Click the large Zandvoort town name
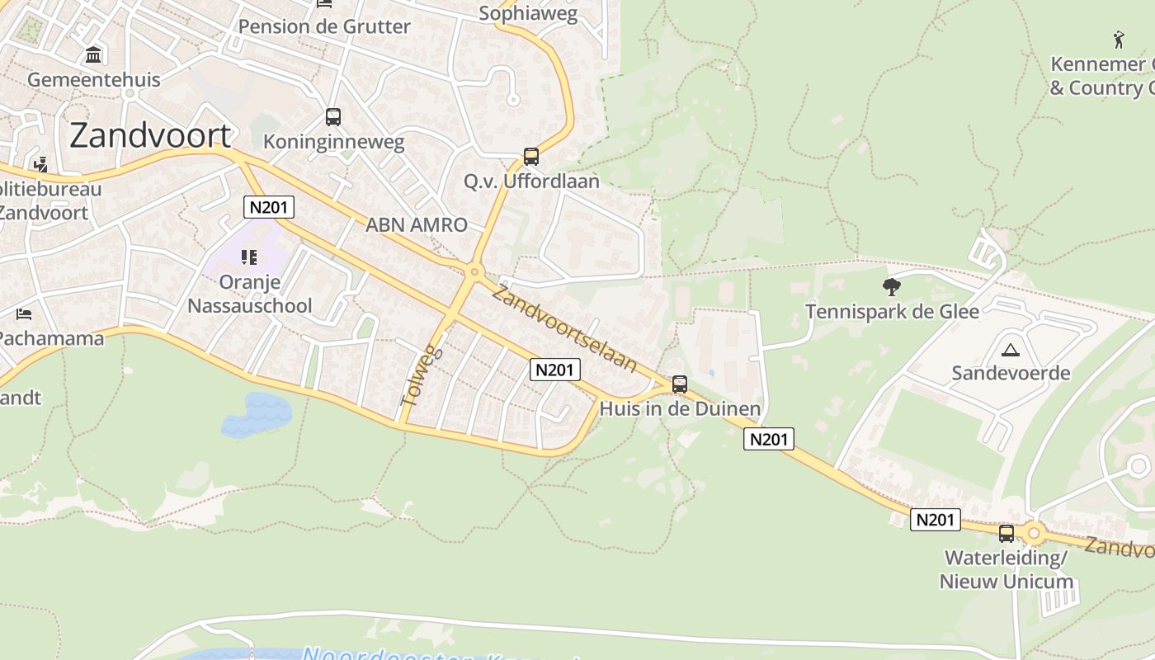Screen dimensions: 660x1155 [x=150, y=135]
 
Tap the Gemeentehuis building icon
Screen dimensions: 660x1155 [x=93, y=55]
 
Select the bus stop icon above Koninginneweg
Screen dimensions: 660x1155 [x=333, y=117]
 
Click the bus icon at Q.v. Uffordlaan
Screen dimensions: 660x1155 [x=531, y=157]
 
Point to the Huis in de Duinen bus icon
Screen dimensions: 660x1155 [x=679, y=384]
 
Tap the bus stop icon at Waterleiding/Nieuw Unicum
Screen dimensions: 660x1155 [x=1006, y=533]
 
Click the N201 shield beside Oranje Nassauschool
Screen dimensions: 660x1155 [x=269, y=207]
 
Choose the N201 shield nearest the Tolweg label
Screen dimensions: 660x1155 [x=554, y=370]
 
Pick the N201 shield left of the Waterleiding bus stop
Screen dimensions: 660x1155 [x=936, y=520]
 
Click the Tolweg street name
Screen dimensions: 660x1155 [x=422, y=375]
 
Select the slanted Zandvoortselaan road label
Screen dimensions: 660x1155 [x=566, y=328]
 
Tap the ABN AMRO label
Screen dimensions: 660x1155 [x=417, y=224]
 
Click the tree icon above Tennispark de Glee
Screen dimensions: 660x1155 [x=891, y=287]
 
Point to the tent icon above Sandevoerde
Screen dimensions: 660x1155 [x=1010, y=349]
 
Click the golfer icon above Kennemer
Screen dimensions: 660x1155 [x=1119, y=39]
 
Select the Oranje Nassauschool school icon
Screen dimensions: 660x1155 [x=249, y=257]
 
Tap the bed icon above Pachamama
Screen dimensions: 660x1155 [x=24, y=314]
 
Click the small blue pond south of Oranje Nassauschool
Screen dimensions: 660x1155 [x=257, y=413]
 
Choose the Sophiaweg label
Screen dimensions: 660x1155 [x=528, y=13]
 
